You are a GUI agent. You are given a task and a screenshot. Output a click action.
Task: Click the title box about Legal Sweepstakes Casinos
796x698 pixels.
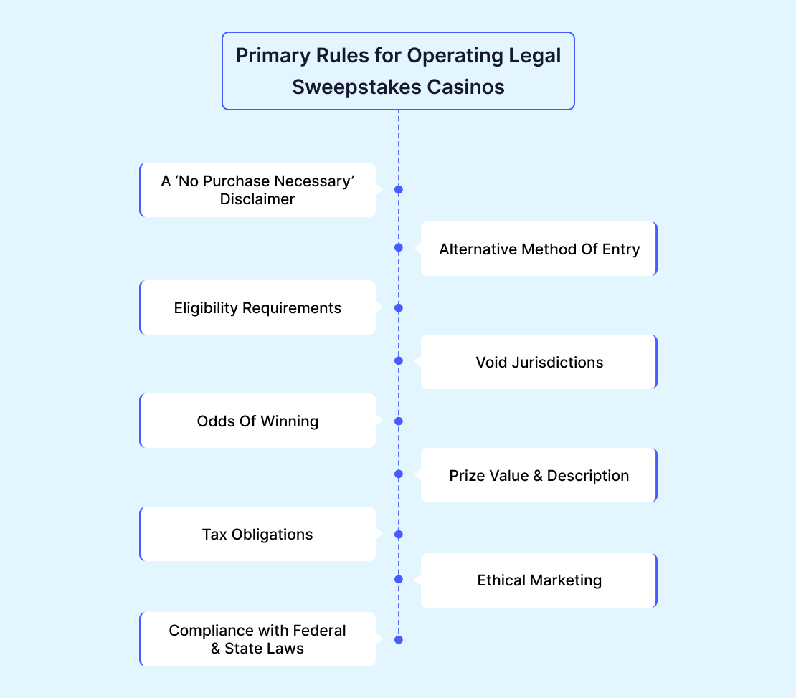(398, 71)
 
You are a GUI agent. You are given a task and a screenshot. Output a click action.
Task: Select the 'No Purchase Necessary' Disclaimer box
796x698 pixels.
(257, 190)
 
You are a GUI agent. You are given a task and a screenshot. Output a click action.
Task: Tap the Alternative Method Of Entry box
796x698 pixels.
(539, 249)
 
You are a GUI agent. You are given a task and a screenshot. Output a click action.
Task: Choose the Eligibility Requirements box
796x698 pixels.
(257, 307)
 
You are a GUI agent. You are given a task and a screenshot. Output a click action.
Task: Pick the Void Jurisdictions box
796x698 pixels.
(539, 362)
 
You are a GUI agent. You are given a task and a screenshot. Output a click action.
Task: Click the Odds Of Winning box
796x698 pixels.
(257, 421)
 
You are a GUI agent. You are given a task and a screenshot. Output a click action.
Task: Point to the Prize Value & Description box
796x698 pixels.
(539, 475)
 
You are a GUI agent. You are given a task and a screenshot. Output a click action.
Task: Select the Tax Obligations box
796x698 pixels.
(257, 534)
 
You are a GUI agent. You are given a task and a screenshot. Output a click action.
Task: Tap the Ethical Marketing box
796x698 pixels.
(539, 580)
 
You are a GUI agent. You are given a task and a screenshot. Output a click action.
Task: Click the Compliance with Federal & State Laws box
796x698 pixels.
(257, 639)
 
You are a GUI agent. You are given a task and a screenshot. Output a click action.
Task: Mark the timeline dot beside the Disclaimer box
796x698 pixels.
(399, 190)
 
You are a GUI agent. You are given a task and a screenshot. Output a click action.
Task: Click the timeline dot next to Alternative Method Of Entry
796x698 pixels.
(399, 247)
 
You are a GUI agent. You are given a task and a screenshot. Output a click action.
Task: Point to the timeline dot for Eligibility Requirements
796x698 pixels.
(399, 307)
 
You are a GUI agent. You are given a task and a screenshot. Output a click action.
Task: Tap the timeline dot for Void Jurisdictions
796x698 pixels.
(399, 360)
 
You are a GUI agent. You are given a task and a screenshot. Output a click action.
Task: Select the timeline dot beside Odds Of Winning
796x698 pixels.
(399, 421)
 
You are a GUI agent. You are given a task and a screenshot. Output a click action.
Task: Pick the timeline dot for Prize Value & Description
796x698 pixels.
(399, 474)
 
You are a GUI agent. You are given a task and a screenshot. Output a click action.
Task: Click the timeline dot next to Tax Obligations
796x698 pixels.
(399, 534)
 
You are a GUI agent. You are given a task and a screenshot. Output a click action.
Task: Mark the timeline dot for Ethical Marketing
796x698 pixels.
(399, 578)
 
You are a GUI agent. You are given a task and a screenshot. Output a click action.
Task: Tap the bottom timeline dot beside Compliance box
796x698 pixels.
(399, 639)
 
